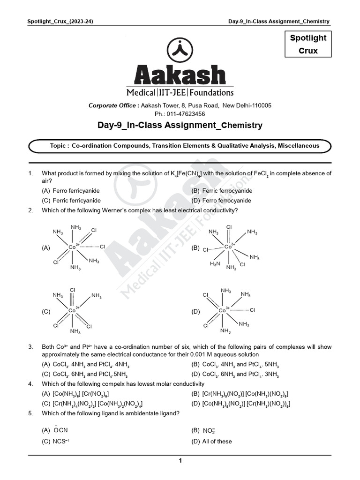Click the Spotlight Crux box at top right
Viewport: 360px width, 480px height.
click(x=308, y=44)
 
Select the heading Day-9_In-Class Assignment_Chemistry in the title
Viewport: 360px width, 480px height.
click(x=180, y=126)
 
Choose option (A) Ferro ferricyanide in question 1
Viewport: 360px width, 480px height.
click(x=71, y=191)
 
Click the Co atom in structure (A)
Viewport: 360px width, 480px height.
click(x=72, y=247)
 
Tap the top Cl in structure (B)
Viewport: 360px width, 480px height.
click(x=229, y=227)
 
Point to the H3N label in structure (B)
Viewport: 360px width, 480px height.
click(x=215, y=264)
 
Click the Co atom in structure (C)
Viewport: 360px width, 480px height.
click(x=72, y=310)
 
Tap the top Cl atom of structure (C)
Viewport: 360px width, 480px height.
click(x=72, y=291)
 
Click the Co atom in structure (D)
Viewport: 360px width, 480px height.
click(x=222, y=310)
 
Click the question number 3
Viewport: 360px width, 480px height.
click(x=30, y=347)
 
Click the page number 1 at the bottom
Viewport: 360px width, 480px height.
click(x=180, y=461)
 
